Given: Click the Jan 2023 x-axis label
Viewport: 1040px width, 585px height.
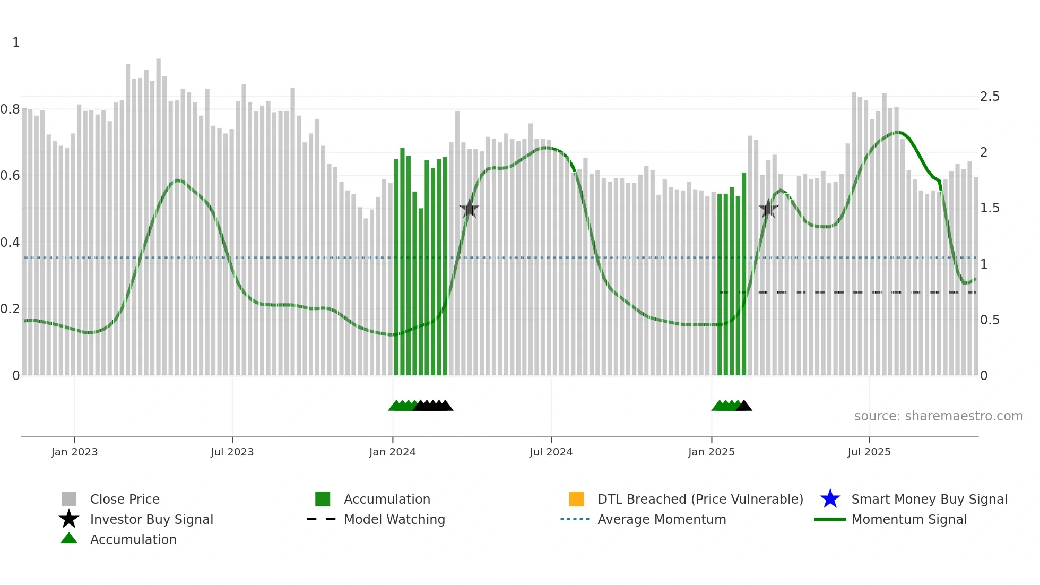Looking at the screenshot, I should pyautogui.click(x=74, y=452).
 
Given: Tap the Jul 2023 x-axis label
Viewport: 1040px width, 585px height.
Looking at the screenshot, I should pyautogui.click(x=232, y=452).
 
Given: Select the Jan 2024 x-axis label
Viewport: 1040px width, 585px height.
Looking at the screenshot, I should pyautogui.click(x=392, y=452).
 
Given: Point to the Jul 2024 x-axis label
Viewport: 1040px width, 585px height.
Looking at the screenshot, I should pyautogui.click(x=551, y=452).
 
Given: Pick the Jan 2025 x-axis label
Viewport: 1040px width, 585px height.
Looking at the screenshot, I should pyautogui.click(x=711, y=452).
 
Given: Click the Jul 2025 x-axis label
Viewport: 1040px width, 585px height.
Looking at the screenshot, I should pyautogui.click(x=869, y=452).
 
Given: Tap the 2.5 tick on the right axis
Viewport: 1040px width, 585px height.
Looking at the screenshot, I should pyautogui.click(x=990, y=97).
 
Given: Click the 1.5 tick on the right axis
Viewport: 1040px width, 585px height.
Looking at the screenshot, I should pyautogui.click(x=990, y=208).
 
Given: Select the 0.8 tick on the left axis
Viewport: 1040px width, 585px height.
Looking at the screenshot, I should pyautogui.click(x=10, y=109).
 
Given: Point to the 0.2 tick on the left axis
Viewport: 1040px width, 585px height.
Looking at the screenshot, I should pyautogui.click(x=10, y=309).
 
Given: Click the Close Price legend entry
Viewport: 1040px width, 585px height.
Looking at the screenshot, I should pyautogui.click(x=125, y=500).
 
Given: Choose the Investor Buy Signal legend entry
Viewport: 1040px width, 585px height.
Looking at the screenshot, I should pyautogui.click(x=151, y=520).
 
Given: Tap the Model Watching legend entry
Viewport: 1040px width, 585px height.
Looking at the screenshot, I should pyautogui.click(x=394, y=520).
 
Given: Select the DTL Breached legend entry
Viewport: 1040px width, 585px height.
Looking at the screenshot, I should pyautogui.click(x=700, y=500).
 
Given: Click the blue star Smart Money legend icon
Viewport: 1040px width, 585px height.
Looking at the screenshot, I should pyautogui.click(x=830, y=499).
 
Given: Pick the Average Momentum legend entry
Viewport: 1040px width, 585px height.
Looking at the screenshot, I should pyautogui.click(x=662, y=520).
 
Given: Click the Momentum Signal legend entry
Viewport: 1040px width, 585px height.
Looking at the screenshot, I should pyautogui.click(x=908, y=520).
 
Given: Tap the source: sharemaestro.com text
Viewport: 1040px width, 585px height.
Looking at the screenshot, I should pyautogui.click(x=938, y=416).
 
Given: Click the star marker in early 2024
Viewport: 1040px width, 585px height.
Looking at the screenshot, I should pyautogui.click(x=470, y=209).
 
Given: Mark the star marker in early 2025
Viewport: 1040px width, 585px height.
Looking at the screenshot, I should pyautogui.click(x=768, y=209).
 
